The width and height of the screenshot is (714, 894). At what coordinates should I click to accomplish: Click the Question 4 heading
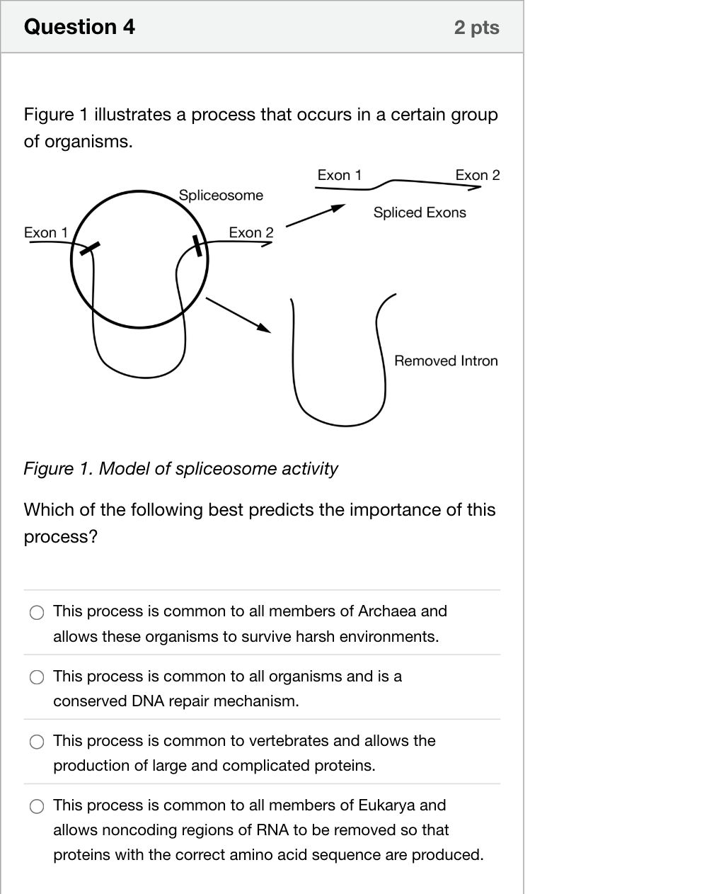pos(79,27)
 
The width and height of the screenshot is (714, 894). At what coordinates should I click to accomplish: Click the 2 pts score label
pos(476,28)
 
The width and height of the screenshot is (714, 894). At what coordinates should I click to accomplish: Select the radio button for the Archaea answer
pos(37,612)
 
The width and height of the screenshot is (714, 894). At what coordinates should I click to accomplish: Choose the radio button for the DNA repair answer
pos(37,677)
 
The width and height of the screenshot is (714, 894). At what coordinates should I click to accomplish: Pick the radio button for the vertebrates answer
pos(37,742)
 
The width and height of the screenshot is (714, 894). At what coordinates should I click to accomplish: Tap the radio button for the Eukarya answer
pos(37,806)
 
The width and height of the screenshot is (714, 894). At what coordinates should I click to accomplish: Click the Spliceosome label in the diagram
pos(221,196)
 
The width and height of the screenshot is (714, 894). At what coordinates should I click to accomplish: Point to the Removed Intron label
pos(446,361)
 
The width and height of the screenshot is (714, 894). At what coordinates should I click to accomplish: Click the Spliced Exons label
pos(420,213)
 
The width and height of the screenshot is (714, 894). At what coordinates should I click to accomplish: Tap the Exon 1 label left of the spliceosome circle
pos(46,232)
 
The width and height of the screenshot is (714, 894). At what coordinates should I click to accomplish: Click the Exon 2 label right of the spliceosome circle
pos(251,232)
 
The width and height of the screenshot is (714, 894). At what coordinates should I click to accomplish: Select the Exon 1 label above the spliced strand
pos(340,175)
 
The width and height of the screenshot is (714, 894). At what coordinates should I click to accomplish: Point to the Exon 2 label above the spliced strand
pos(478,175)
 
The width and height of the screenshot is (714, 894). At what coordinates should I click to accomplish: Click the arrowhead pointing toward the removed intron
pos(264,328)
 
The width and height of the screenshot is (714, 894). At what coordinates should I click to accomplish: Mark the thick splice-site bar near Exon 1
pos(90,249)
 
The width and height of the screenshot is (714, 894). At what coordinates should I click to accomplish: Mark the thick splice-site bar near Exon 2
pos(197,246)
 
